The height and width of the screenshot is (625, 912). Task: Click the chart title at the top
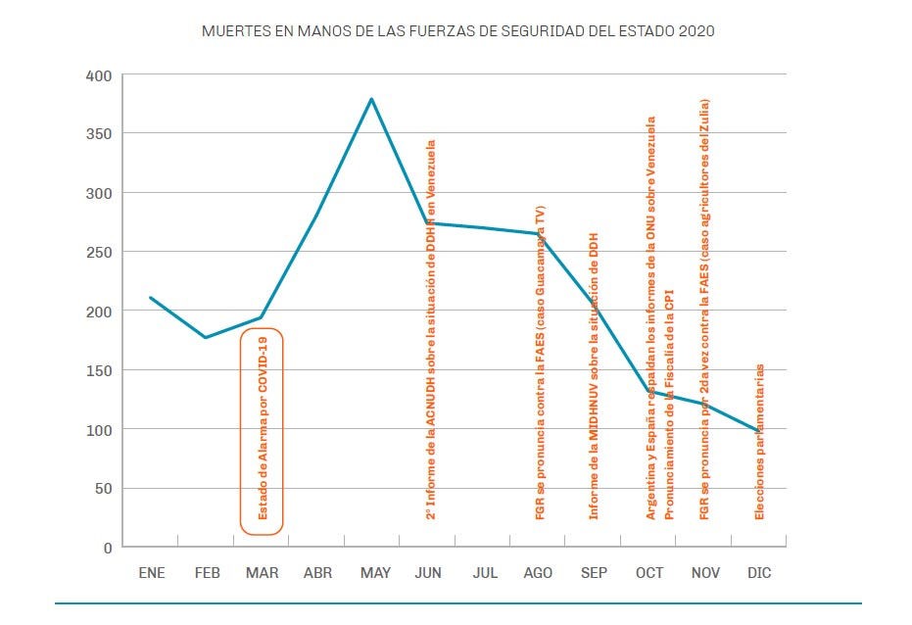pos(457,30)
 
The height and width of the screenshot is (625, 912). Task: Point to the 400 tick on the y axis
pos(101,75)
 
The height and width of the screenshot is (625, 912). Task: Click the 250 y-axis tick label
pos(101,253)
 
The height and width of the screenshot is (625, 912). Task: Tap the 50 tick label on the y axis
pos(105,489)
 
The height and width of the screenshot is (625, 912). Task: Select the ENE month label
pos(151,573)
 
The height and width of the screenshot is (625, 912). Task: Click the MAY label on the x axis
pos(374,573)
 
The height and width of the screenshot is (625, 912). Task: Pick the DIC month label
pos(759,573)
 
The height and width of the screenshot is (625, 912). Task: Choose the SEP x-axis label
pos(594,573)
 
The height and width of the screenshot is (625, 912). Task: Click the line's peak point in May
pos(372,99)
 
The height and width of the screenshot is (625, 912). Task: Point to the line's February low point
pos(206,337)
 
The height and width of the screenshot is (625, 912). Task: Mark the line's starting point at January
pos(150,298)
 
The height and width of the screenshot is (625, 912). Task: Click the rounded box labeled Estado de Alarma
pos(262,431)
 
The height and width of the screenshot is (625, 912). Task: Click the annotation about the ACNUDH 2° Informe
pos(430,328)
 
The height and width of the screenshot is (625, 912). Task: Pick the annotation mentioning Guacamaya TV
pos(540,362)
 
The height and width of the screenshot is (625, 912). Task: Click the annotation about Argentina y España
pos(650,318)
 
